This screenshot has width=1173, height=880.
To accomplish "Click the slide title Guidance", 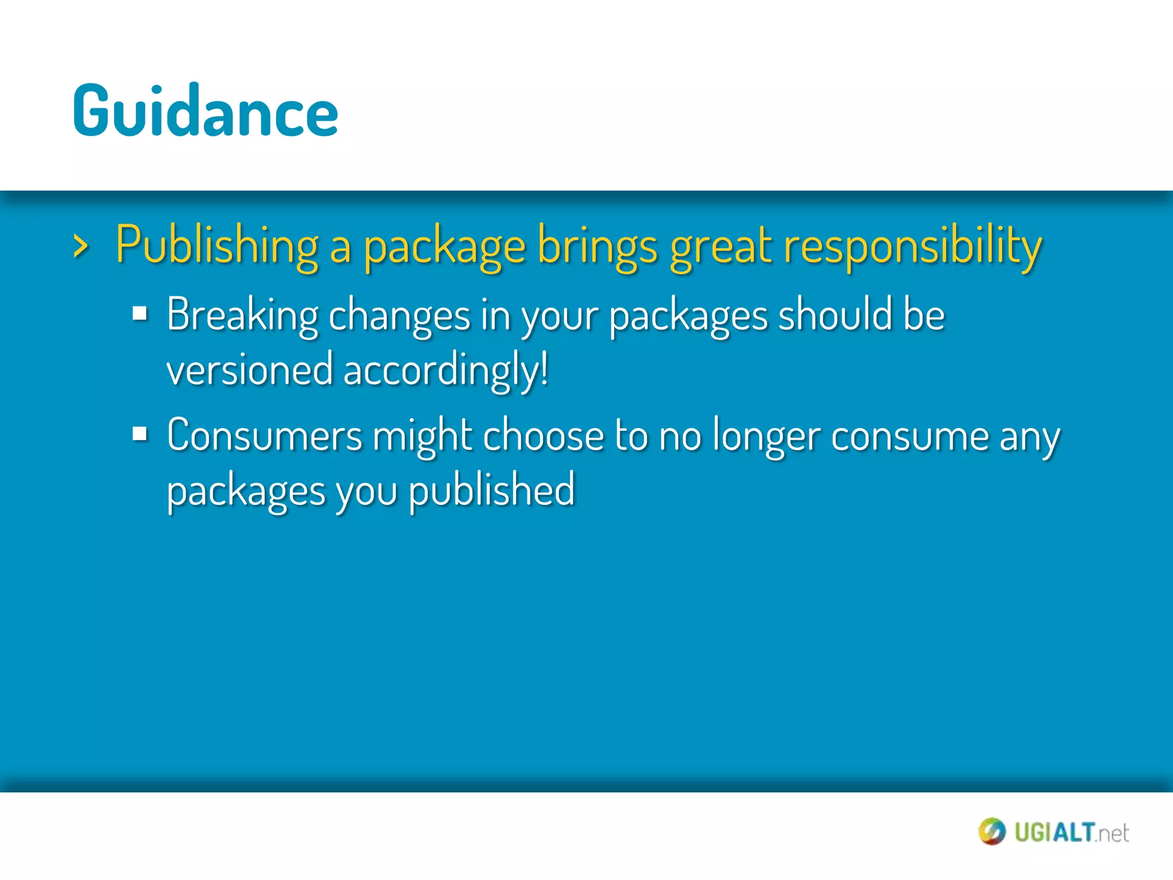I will (205, 112).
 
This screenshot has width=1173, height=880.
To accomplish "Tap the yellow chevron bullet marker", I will (81, 247).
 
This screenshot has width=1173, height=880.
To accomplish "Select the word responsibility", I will (912, 246).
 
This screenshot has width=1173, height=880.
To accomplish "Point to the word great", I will (721, 246).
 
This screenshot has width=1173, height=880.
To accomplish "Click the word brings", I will (597, 246).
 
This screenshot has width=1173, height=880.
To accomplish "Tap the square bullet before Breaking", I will (140, 314).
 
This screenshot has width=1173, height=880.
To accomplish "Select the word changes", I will (399, 316).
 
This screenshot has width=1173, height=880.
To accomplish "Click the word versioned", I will (250, 370).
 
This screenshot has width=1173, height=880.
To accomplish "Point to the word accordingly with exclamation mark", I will (446, 371).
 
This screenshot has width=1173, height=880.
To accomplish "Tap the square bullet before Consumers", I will (140, 434).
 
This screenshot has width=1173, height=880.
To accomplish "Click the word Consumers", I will (265, 435).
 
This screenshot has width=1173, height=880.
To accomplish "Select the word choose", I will (543, 435).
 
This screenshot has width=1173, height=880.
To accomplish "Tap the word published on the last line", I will (491, 491).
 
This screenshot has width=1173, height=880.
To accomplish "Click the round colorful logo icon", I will (991, 831).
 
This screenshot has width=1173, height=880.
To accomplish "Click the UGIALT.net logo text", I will (1071, 832).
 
